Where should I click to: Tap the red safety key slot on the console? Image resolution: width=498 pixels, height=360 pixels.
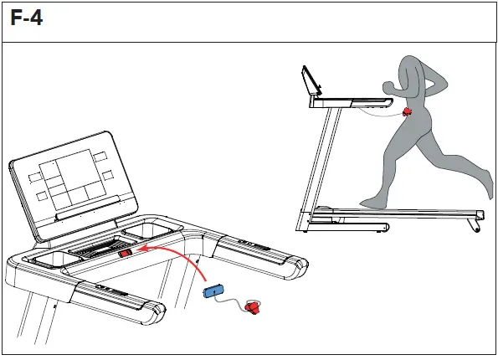pyautogui.click(x=126, y=254)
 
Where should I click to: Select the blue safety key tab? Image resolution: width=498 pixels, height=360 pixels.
pyautogui.click(x=213, y=291)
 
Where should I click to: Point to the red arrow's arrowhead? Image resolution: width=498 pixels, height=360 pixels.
pyautogui.click(x=141, y=249)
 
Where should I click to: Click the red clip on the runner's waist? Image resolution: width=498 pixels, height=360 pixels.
pyautogui.click(x=408, y=111)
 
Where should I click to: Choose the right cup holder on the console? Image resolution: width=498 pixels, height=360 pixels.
pyautogui.click(x=155, y=229)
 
